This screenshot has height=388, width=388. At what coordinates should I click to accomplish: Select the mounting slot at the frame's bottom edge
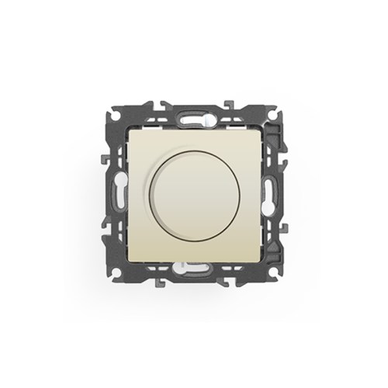point(194,272)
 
